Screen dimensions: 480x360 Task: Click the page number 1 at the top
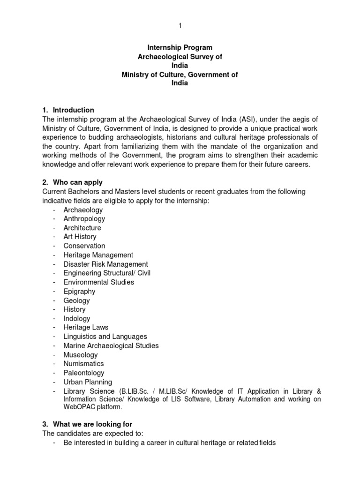point(180,26)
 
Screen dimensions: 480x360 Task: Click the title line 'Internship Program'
point(180,48)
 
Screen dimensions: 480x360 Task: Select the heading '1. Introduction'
point(68,110)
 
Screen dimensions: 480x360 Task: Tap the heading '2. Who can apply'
point(73,182)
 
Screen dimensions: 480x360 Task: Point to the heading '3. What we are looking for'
point(88,424)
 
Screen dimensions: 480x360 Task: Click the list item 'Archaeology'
point(83,210)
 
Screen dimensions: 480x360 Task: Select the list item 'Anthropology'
point(84,218)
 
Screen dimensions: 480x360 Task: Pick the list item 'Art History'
point(81,237)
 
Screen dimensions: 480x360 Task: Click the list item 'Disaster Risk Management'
point(105,264)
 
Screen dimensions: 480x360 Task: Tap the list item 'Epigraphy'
point(79,291)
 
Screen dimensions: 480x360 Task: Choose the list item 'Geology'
point(76,300)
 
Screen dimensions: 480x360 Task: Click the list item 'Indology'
point(77,318)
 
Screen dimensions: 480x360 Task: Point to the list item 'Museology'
point(81,355)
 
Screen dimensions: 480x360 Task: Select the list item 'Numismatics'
point(83,364)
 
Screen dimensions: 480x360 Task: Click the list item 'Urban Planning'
point(88,382)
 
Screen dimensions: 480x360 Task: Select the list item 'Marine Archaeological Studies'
point(111,345)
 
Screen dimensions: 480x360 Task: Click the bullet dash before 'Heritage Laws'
point(54,328)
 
